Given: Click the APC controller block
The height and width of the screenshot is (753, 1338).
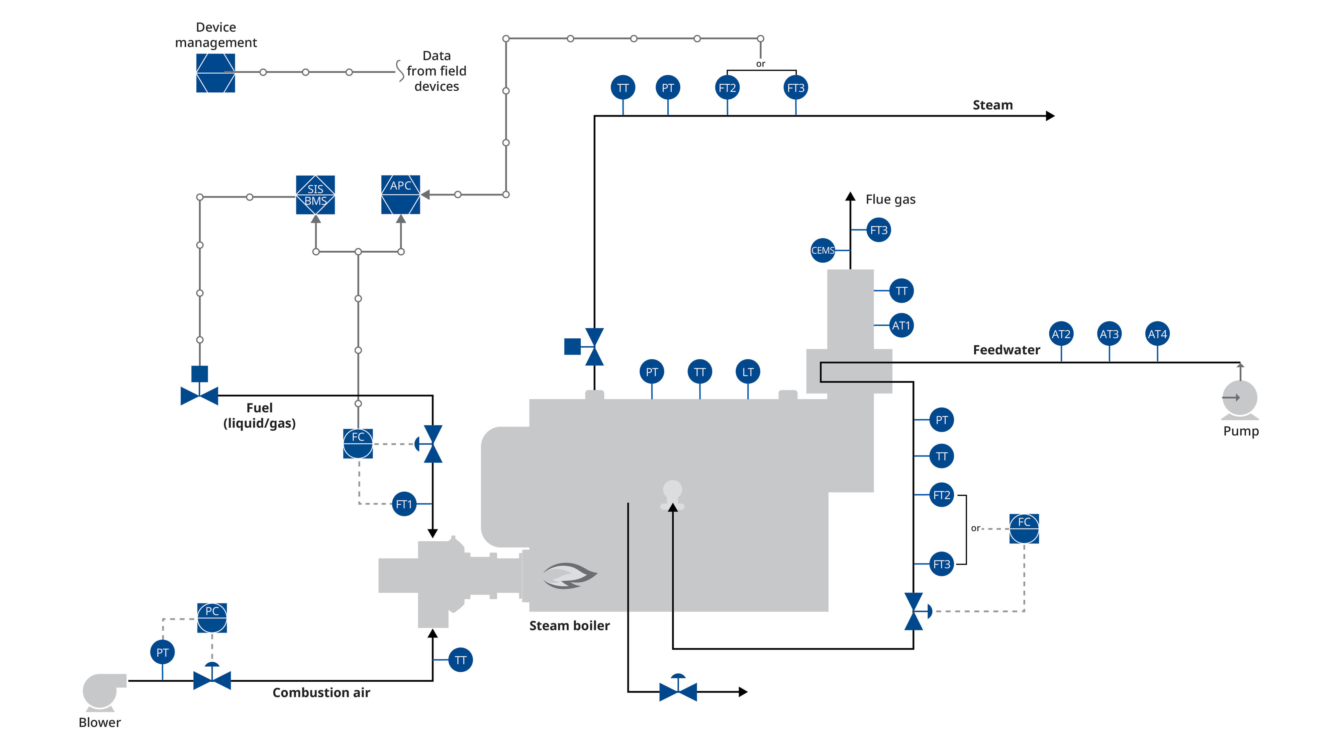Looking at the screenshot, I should [400, 195].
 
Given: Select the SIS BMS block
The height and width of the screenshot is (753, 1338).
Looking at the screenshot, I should [315, 195].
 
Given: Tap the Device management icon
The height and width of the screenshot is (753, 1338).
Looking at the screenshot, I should [215, 73].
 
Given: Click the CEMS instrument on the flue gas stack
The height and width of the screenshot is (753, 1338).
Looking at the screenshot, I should [823, 250].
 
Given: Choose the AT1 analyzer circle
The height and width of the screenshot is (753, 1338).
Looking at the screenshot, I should [901, 326].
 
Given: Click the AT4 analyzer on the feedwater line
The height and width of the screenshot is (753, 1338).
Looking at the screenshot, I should [1158, 334].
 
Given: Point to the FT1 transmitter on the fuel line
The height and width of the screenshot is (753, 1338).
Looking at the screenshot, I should [404, 504].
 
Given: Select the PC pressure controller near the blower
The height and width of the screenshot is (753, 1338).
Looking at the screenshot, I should [212, 617].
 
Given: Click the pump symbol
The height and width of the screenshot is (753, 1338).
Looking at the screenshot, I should [1240, 400].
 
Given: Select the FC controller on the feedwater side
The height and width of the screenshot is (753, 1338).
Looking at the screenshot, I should [1024, 528].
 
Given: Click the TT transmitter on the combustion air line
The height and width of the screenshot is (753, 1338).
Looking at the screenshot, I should [460, 660].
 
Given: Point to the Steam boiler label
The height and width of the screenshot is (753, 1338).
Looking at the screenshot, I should [569, 626].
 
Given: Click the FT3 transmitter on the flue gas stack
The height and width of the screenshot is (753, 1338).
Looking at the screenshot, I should [879, 230].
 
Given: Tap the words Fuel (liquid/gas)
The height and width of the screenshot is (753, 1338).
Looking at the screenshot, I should [259, 416].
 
